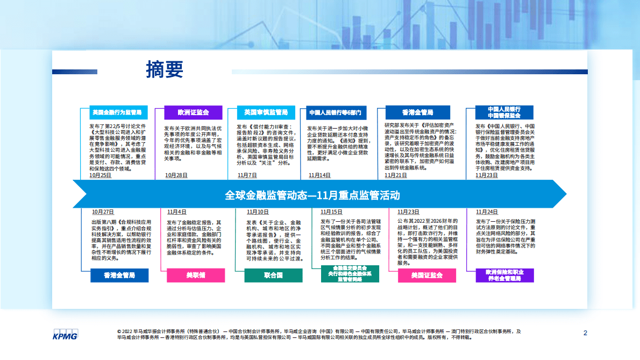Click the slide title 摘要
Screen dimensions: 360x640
[165, 69]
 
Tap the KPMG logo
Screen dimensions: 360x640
[65, 334]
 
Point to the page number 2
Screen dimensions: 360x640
[585, 333]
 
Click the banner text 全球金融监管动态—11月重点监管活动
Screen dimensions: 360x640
[312, 194]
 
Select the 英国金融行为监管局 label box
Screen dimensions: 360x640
[117, 112]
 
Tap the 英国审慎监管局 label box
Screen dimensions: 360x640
[266, 112]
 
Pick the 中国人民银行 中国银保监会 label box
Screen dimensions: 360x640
[504, 112]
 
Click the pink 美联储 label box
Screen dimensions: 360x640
[196, 275]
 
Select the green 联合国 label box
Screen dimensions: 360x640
[273, 275]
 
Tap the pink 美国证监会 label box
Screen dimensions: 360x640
[426, 275]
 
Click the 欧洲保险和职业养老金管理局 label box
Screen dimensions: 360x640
[504, 276]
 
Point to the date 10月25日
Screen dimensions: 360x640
[101, 175]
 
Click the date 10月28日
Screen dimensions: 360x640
[176, 175]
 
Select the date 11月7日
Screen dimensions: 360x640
[247, 175]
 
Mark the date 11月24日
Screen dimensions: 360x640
[486, 211]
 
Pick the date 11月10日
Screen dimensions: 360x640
[258, 211]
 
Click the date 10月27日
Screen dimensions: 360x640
[103, 211]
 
